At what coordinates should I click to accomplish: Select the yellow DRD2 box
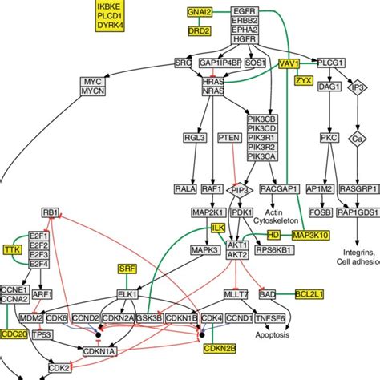199,31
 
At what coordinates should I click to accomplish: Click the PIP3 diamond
239,189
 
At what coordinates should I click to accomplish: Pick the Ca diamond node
358,139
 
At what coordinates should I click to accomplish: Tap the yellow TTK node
12,249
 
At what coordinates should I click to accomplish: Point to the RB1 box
51,212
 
